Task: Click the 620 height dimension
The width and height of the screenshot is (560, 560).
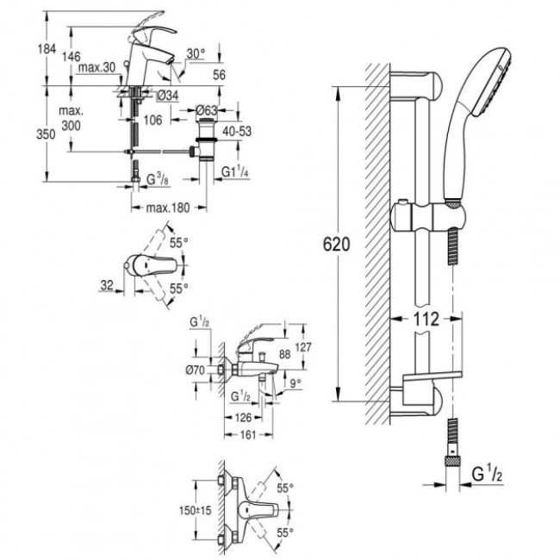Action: click(x=340, y=245)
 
